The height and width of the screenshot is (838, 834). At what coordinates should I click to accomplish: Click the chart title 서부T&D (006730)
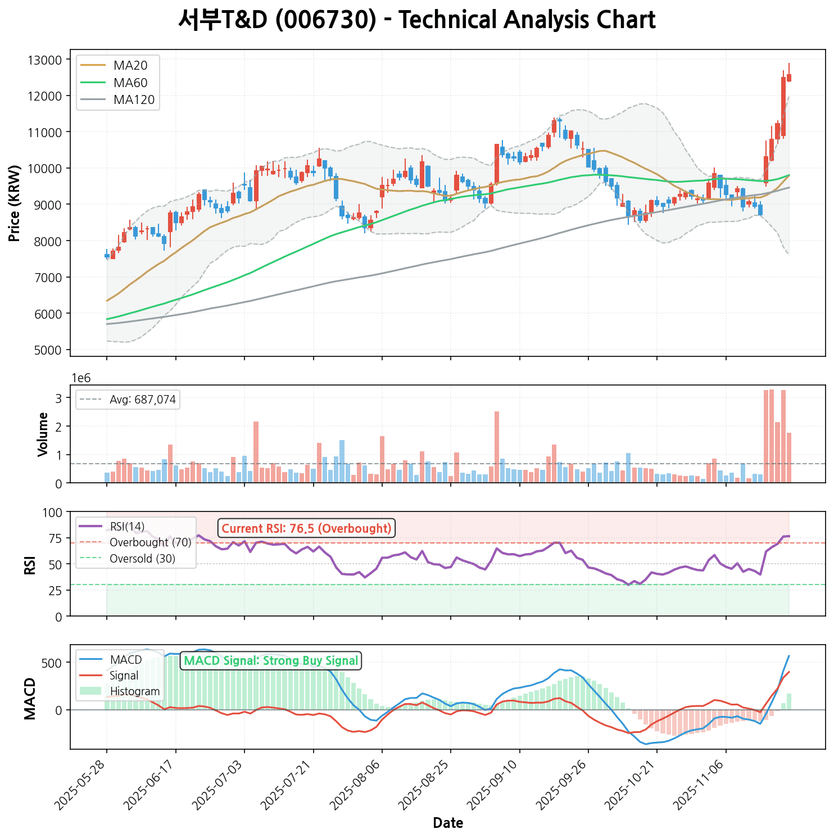(416, 21)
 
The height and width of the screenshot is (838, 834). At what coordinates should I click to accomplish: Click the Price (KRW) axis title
(15, 203)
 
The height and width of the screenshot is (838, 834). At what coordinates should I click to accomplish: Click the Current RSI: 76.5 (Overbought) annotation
(306, 529)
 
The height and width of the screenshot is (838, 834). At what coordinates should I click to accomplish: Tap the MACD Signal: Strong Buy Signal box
(271, 661)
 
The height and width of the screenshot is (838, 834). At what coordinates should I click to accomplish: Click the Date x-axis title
(448, 823)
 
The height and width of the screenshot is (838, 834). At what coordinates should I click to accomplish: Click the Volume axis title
(43, 434)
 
